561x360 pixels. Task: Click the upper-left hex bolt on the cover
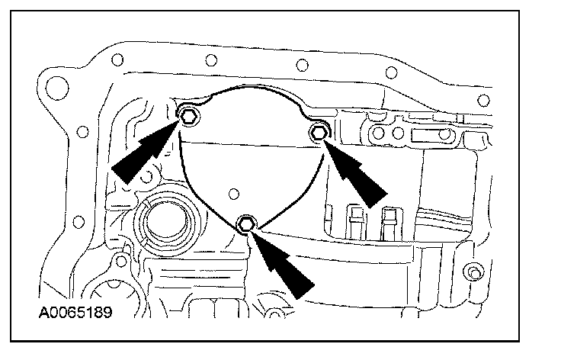coord(188,116)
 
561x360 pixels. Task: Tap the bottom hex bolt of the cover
coord(245,223)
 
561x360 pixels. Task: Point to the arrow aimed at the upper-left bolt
coord(145,153)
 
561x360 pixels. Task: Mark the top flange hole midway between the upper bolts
coord(303,63)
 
